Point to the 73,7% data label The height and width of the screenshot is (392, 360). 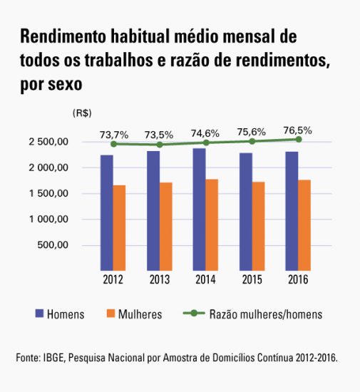click(113, 134)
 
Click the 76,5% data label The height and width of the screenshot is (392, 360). click(298, 130)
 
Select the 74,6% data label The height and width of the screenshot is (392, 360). click(206, 133)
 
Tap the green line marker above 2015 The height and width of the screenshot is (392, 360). click(252, 141)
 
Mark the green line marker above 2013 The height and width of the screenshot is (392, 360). click(159, 145)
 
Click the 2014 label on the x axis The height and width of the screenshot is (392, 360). click(205, 279)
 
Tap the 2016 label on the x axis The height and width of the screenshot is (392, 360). click(298, 279)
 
